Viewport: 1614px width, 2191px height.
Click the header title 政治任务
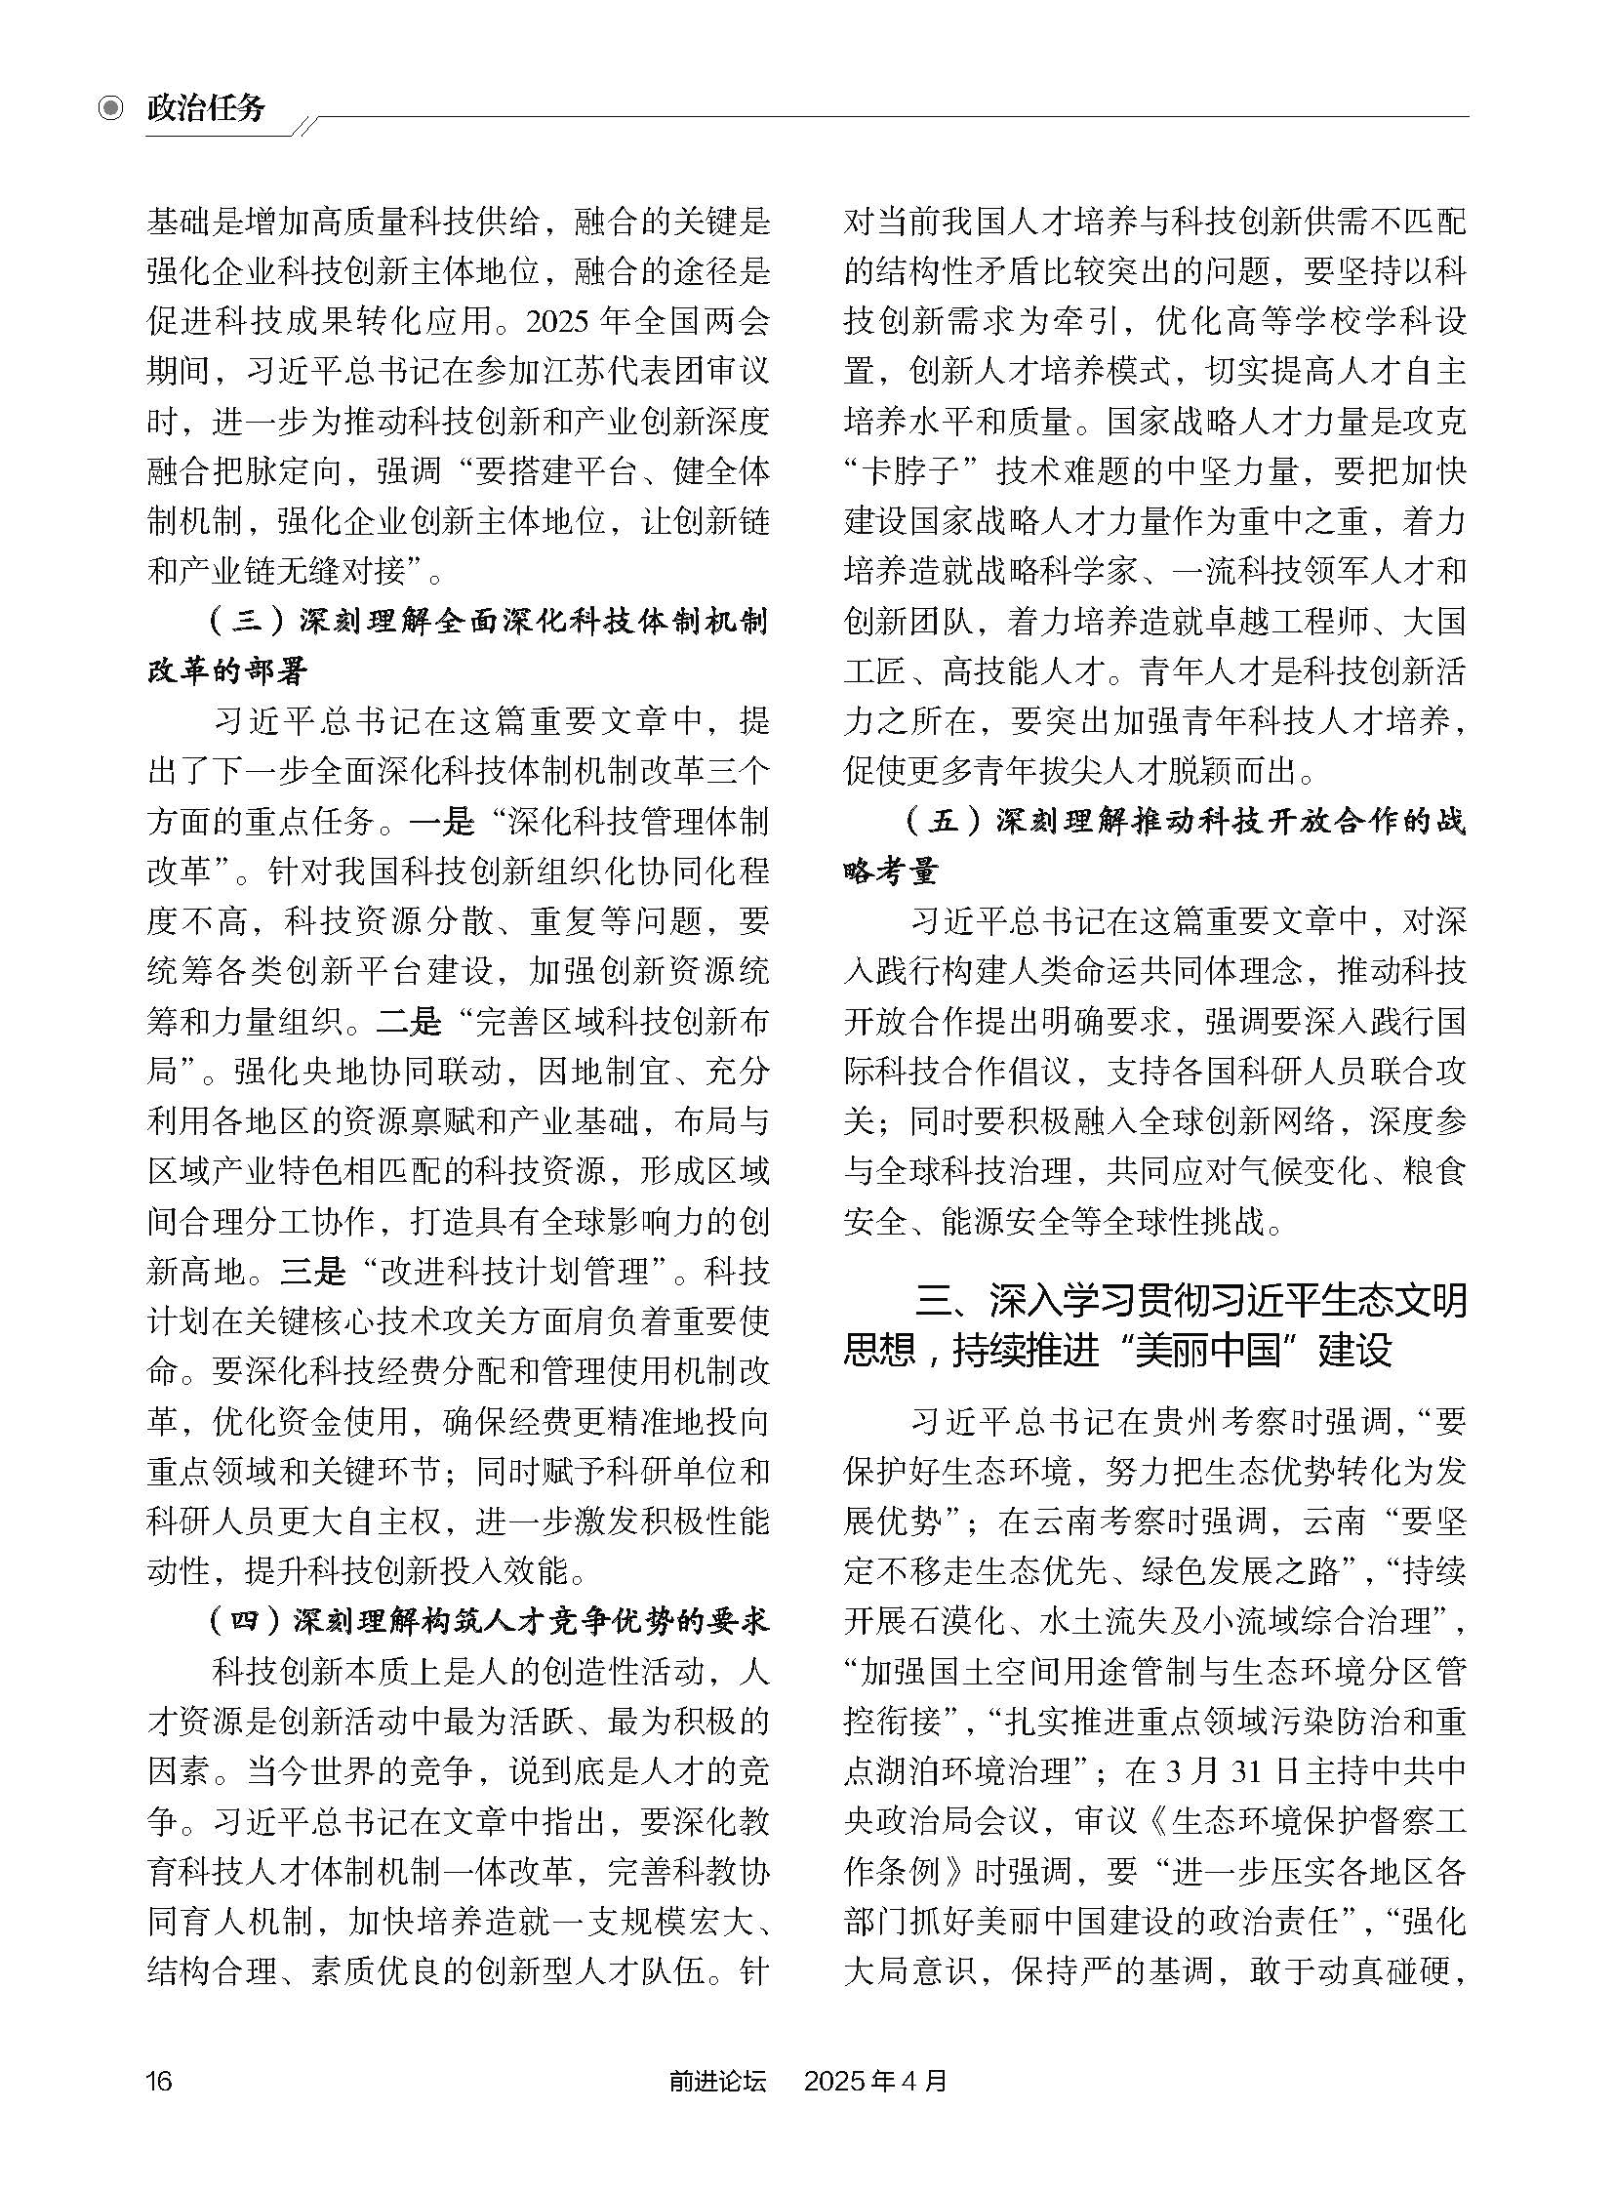tap(206, 106)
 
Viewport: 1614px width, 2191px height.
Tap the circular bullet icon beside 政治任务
tap(112, 107)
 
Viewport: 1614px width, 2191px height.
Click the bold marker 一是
tap(442, 822)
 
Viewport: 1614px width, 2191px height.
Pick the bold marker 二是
tap(410, 1022)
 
